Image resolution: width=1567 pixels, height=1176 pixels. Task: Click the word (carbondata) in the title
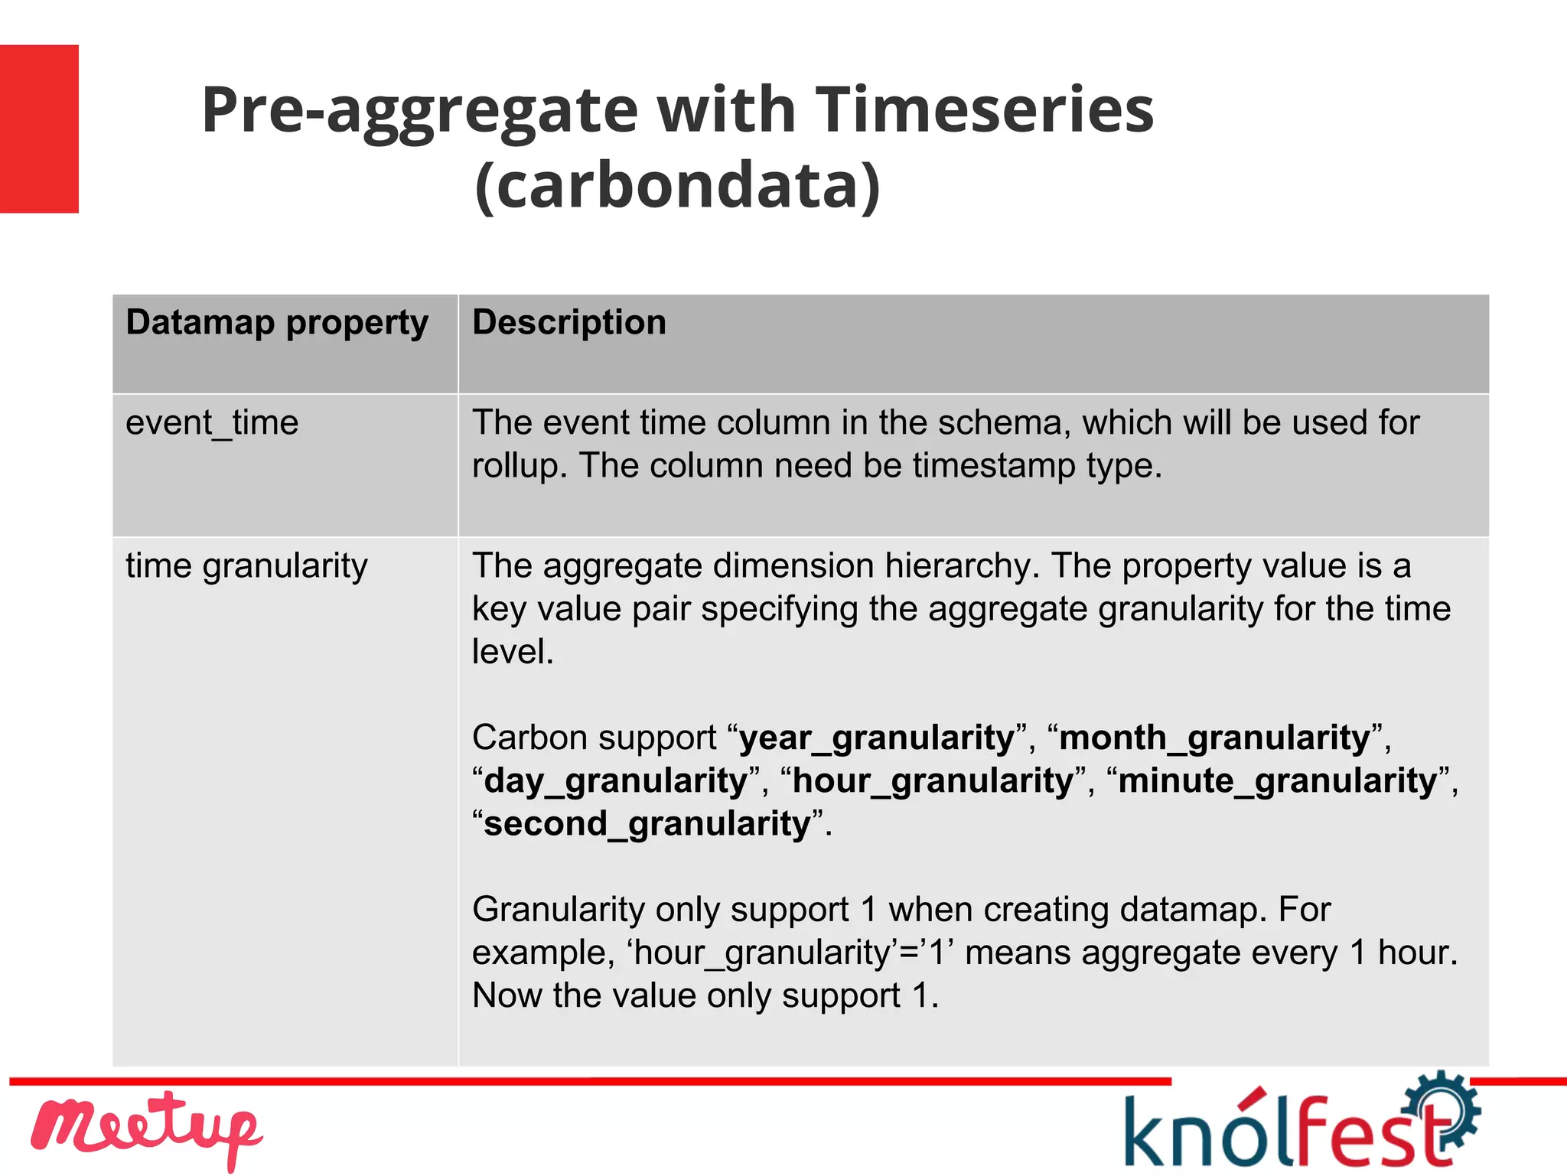[x=678, y=185]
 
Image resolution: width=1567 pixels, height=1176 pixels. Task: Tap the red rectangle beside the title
[x=39, y=129]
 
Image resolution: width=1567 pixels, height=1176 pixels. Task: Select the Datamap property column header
[x=277, y=322]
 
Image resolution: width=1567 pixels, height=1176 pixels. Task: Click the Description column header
[x=569, y=322]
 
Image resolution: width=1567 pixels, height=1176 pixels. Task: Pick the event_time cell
[x=212, y=423]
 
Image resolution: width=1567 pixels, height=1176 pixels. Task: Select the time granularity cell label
[x=246, y=566]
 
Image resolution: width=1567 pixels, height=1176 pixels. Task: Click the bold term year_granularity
[x=877, y=738]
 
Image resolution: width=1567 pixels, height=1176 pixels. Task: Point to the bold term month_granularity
[x=1214, y=738]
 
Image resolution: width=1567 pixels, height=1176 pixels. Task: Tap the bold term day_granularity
[x=616, y=781]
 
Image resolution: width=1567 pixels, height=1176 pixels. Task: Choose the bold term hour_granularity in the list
[x=933, y=781]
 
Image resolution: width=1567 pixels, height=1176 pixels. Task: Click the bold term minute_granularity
[x=1278, y=781]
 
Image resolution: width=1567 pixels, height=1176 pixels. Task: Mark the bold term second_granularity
[x=647, y=824]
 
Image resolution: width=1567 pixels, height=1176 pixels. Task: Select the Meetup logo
[x=145, y=1130]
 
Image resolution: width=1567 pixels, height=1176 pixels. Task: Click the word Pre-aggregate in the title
[x=419, y=109]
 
